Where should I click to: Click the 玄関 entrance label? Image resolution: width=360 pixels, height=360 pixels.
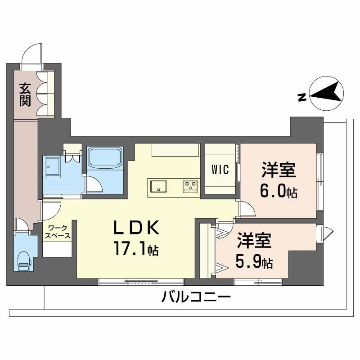click(x=25, y=94)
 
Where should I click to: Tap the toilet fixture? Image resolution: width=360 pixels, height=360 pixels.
click(x=23, y=260)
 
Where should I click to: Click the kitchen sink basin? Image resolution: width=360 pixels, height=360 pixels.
click(x=158, y=185)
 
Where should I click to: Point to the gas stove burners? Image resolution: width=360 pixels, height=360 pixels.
click(x=190, y=184)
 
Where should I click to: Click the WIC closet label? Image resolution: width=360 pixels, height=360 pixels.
click(x=220, y=170)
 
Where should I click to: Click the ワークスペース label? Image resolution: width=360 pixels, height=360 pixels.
click(x=57, y=232)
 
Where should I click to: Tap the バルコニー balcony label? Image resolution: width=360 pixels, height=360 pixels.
click(x=196, y=297)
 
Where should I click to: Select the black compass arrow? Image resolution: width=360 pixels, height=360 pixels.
click(x=328, y=92)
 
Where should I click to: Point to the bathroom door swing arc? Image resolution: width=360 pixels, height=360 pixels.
click(x=94, y=184)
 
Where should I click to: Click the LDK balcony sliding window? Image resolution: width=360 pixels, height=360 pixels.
click(x=141, y=282)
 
